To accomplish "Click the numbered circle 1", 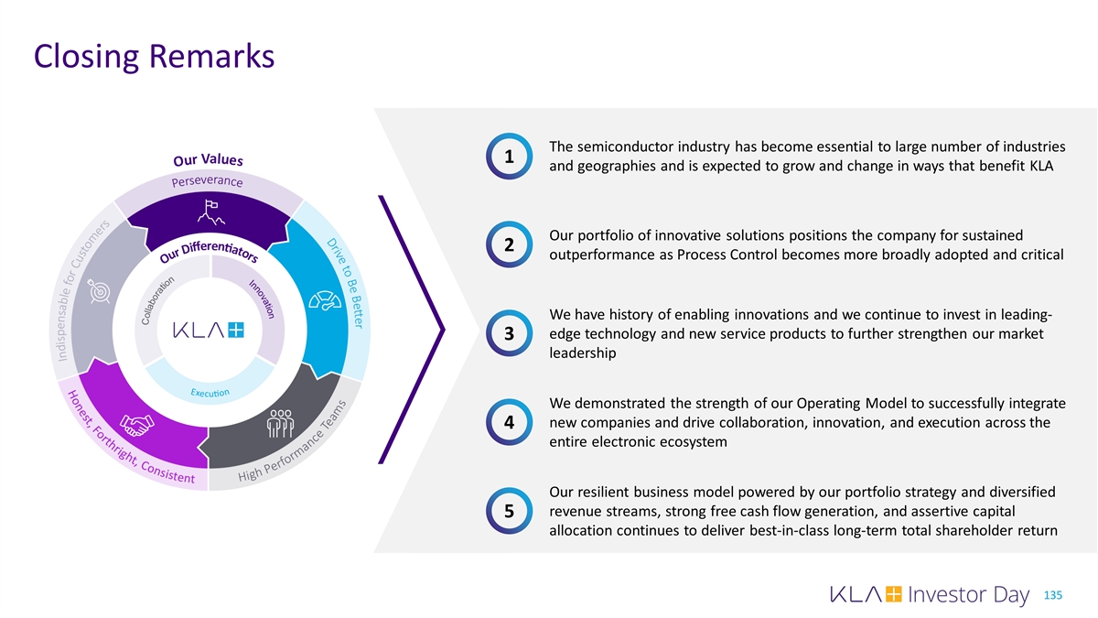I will pyautogui.click(x=507, y=158).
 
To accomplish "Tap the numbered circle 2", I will pyautogui.click(x=507, y=245).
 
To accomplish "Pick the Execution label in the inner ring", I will pyautogui.click(x=210, y=393).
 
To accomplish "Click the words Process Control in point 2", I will pyautogui.click(x=714, y=255).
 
